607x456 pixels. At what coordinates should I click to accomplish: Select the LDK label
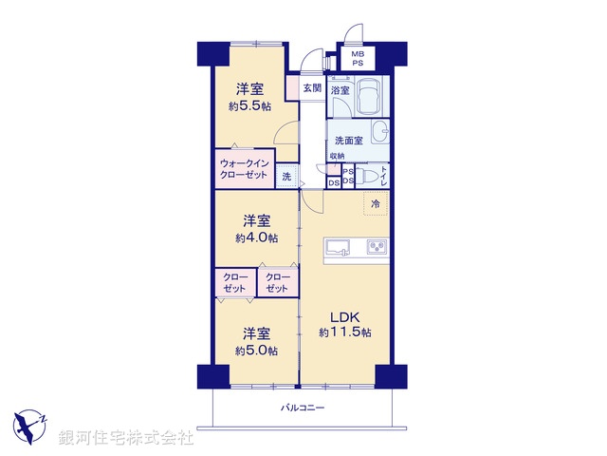click(343, 316)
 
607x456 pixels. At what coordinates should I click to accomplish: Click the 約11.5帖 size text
click(344, 332)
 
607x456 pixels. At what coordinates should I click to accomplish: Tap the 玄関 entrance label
click(312, 87)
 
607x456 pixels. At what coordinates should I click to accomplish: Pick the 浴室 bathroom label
click(340, 90)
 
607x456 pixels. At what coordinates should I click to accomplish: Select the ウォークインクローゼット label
click(245, 169)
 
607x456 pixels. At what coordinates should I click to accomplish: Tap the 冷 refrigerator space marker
click(375, 204)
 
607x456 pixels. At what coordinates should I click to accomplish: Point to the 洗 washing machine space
click(286, 177)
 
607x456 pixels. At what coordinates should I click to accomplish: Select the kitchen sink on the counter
click(338, 248)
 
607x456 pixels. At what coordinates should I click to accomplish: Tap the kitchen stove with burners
click(376, 248)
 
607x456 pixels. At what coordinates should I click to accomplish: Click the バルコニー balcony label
click(303, 408)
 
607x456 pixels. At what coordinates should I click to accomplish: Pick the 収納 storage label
click(338, 157)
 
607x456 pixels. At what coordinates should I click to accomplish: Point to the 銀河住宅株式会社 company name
click(126, 438)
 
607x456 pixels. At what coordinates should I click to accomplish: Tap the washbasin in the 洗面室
click(379, 131)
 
